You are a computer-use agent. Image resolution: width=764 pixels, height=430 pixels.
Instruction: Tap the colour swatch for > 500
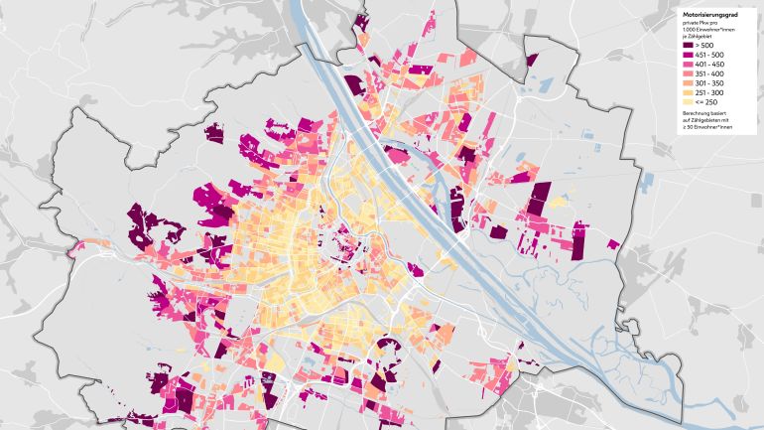(689, 46)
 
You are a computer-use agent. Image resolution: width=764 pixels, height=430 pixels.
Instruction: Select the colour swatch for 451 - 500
(689, 56)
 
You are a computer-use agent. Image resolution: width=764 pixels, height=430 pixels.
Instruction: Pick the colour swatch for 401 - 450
(689, 65)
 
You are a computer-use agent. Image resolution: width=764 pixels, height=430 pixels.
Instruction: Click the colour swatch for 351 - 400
(689, 74)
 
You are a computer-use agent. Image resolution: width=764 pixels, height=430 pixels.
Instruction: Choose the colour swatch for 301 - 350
(689, 83)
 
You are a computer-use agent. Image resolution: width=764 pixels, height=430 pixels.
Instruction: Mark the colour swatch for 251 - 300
(689, 92)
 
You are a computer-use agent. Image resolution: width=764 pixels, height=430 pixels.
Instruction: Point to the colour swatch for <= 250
(689, 102)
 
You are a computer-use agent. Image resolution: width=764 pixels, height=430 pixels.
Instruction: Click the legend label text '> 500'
(704, 46)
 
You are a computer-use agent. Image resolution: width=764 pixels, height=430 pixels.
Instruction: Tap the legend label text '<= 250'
(705, 102)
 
